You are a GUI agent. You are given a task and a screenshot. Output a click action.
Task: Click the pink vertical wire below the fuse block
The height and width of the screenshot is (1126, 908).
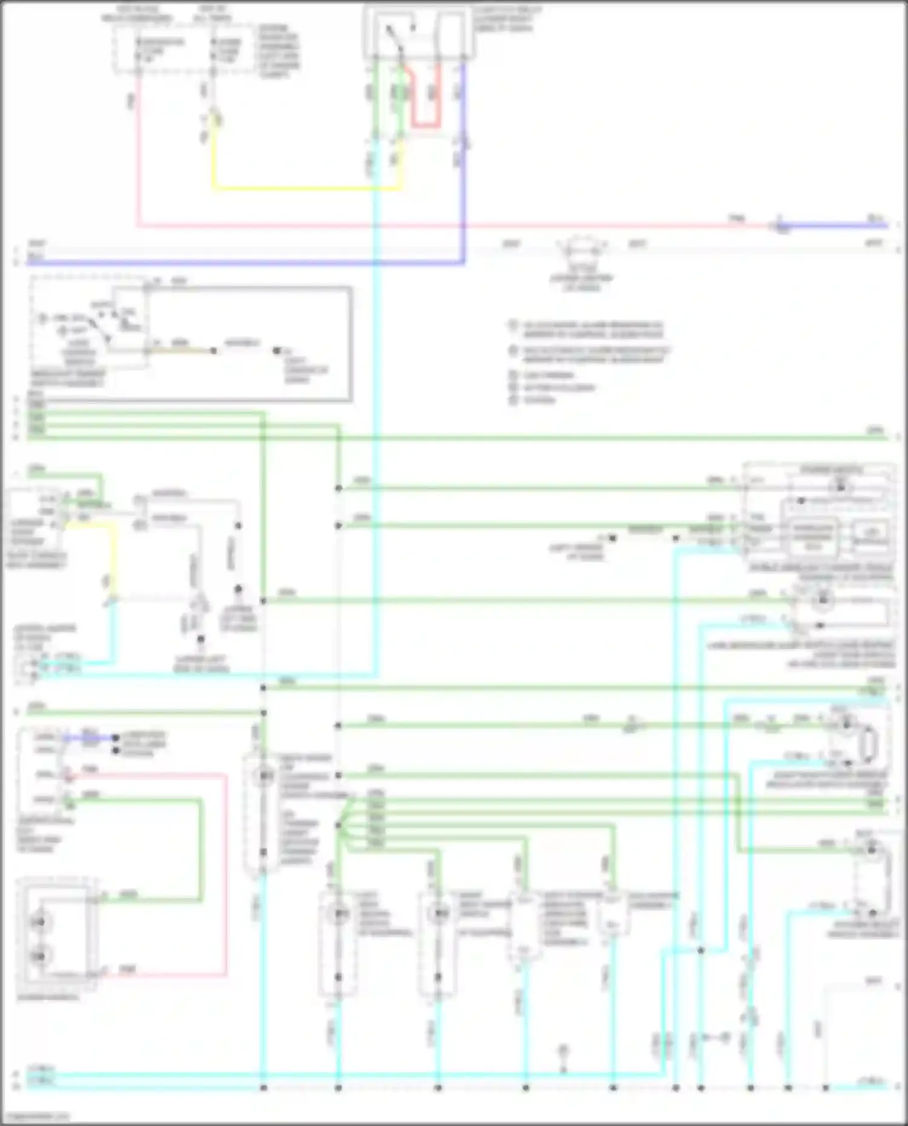[x=138, y=151]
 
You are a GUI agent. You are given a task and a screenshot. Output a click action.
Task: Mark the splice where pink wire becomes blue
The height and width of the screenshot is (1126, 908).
[x=781, y=226]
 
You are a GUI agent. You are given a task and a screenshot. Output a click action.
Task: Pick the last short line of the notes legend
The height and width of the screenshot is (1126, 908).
[x=539, y=401]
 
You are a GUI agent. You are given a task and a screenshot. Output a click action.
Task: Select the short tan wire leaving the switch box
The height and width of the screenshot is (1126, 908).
[x=182, y=350]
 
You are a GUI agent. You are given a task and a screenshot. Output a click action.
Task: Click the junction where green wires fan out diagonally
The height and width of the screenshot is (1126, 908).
[x=339, y=824]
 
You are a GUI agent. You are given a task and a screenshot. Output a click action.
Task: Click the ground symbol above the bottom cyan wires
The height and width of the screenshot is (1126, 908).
[x=562, y=1051]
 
